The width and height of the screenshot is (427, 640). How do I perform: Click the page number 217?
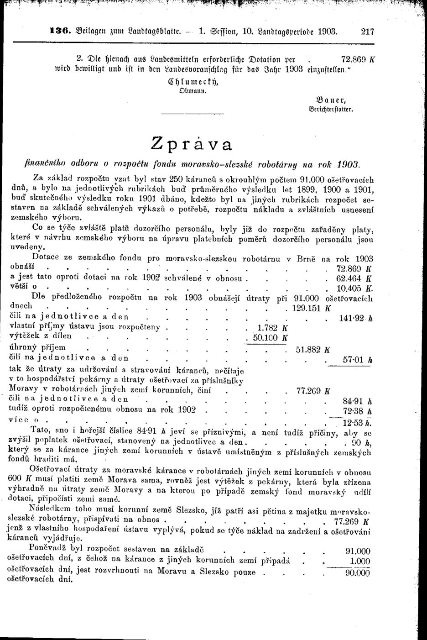click(x=367, y=32)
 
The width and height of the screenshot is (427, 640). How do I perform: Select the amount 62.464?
click(x=349, y=278)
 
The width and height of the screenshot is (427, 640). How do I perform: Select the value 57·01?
click(x=354, y=360)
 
